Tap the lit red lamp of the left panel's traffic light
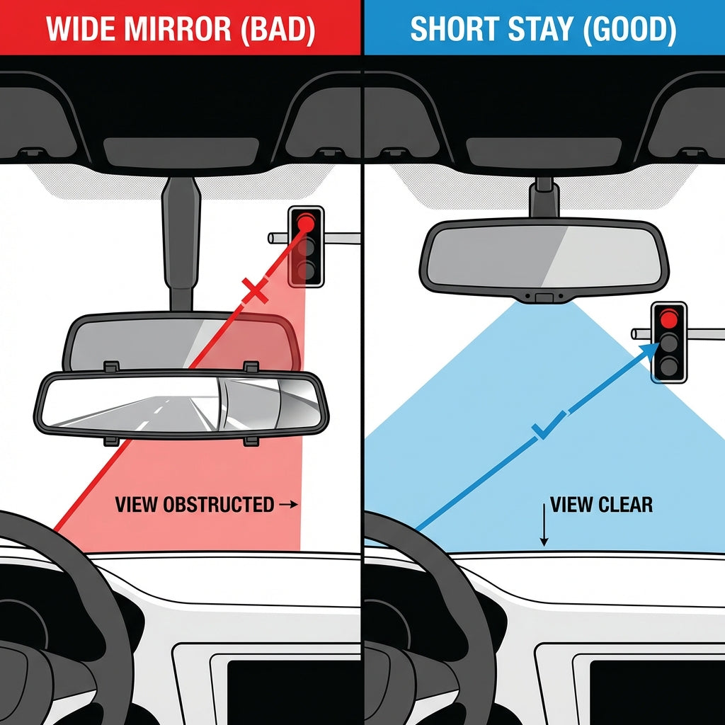(306, 222)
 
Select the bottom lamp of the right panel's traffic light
(669, 367)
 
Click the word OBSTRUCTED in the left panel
(218, 505)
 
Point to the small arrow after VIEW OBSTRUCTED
(290, 505)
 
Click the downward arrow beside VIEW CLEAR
(544, 524)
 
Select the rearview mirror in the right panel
(544, 255)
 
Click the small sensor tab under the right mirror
(544, 297)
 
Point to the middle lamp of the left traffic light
(306, 247)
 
